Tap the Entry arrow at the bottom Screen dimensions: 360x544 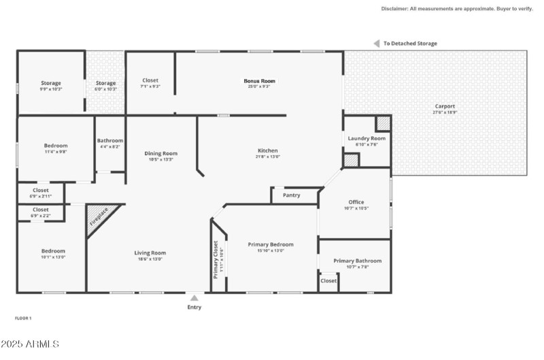click(x=194, y=298)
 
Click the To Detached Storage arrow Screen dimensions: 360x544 click(x=375, y=44)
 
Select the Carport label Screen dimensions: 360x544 click(x=445, y=106)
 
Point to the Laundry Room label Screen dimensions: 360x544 click(x=367, y=138)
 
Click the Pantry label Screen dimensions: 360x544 click(x=292, y=195)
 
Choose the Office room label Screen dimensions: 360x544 click(x=356, y=202)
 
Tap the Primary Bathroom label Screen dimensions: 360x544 click(x=357, y=261)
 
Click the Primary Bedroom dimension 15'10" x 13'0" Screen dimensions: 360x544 click(x=271, y=250)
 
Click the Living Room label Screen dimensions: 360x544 click(x=150, y=253)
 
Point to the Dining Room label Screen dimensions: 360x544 click(x=161, y=153)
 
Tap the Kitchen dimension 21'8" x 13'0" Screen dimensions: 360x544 click(x=268, y=157)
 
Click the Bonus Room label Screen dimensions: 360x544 click(x=260, y=81)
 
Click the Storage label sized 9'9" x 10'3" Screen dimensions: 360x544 click(x=50, y=83)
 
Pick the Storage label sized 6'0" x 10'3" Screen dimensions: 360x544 click(x=105, y=83)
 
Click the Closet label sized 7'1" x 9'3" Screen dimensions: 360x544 click(x=150, y=80)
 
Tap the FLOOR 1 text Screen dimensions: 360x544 click(x=23, y=318)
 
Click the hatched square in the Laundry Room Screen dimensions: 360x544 click(x=384, y=123)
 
